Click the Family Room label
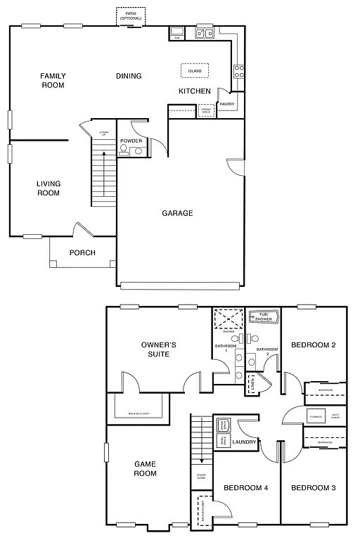point(52,80)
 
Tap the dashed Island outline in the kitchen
point(194,71)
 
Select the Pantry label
point(226,104)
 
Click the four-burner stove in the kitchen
point(239,70)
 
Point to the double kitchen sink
point(205,32)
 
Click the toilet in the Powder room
point(124,150)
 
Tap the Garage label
point(177,213)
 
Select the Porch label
point(82,253)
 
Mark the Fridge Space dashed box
point(206,110)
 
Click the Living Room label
point(49,188)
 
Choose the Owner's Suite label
point(158,349)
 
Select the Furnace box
point(316,416)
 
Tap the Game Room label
point(145,468)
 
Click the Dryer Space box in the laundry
point(223,425)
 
